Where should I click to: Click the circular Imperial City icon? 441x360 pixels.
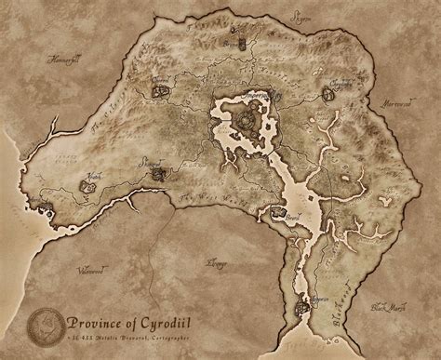pos(247,117)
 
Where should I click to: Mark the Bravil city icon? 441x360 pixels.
pos(277,214)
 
